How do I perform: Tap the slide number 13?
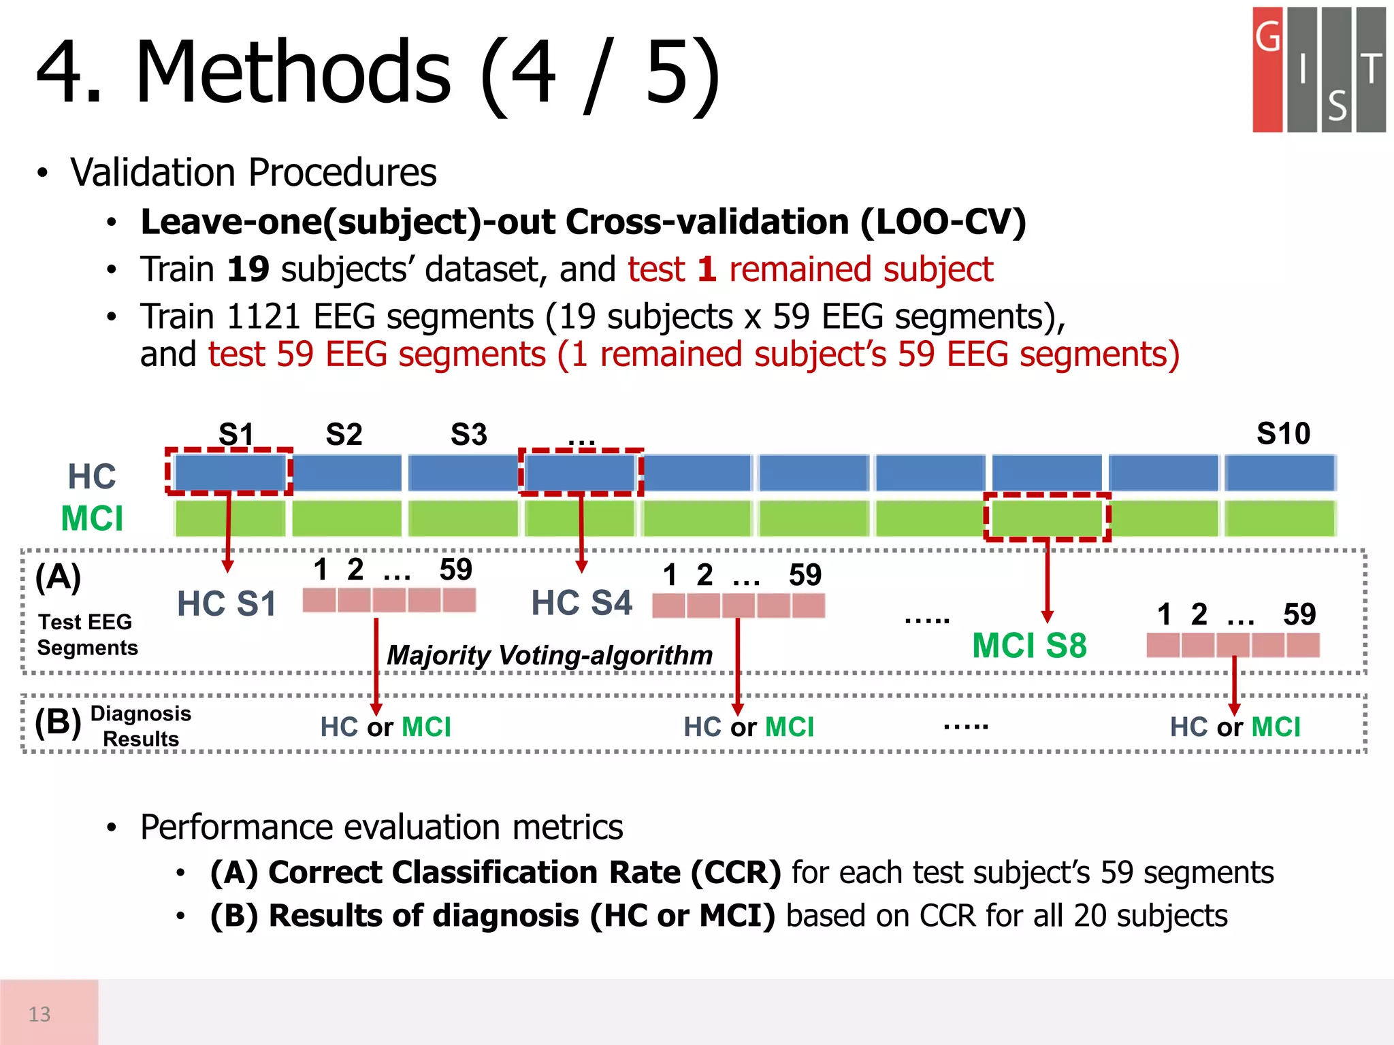pos(39,1014)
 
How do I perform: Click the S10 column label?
pos(1283,433)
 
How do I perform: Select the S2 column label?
pos(344,434)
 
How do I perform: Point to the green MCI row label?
pos(92,518)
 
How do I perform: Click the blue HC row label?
pos(92,476)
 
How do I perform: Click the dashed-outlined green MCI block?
pos(1047,518)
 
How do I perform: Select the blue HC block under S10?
pos(1280,473)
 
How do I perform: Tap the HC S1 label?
pos(227,603)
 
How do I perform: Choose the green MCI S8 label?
pos(1029,645)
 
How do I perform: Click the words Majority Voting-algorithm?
pos(549,655)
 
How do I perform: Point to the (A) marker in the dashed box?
pos(58,577)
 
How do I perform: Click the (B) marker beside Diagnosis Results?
pos(58,722)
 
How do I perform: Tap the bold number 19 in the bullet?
pos(248,269)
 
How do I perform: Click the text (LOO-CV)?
pos(943,222)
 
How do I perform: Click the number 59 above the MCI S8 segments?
pos(1299,614)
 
